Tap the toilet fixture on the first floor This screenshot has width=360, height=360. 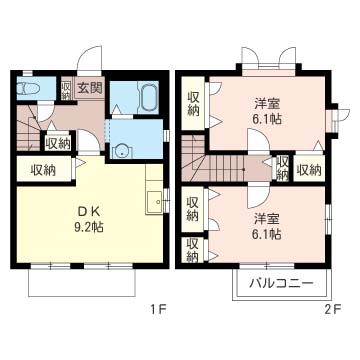[x=30, y=88]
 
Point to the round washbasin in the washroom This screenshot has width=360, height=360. [x=122, y=152]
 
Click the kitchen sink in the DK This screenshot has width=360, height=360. [x=154, y=201]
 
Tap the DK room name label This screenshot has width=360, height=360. [x=88, y=211]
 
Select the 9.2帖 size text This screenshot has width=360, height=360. [x=88, y=227]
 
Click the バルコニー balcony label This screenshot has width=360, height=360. [x=282, y=284]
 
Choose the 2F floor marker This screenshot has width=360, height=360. [x=332, y=310]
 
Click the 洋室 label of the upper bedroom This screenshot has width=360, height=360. [x=267, y=104]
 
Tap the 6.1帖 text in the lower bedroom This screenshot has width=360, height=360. [x=267, y=234]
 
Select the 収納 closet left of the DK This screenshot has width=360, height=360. [x=43, y=170]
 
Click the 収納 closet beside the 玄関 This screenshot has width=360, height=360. [x=66, y=88]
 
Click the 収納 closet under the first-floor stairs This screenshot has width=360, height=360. [x=58, y=144]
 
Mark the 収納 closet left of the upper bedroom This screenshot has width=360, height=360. [x=193, y=104]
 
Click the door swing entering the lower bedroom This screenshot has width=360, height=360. [x=258, y=197]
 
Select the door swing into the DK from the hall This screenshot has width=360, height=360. [x=88, y=142]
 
